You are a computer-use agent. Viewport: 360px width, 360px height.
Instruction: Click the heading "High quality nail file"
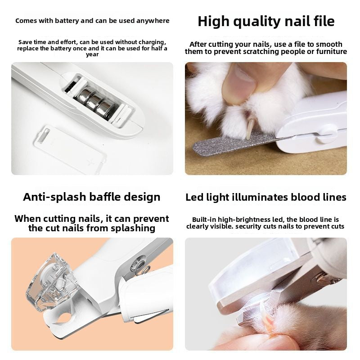(x=266, y=21)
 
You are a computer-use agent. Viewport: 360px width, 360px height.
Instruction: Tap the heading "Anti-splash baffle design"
(x=92, y=197)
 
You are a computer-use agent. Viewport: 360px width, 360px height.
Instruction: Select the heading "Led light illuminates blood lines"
(x=266, y=197)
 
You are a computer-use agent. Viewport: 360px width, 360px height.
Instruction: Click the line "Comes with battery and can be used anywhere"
(x=92, y=21)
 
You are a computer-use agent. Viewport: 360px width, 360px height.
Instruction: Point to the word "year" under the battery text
(x=92, y=54)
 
